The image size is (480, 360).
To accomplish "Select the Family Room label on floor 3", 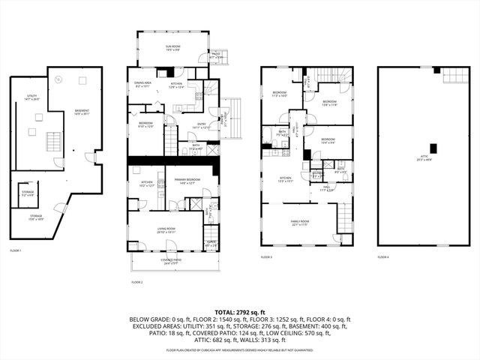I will tap(299, 223).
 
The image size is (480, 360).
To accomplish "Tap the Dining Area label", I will tap(144, 84).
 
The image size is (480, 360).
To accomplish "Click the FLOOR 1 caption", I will tap(16, 250).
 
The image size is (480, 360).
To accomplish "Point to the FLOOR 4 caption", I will tap(383, 256).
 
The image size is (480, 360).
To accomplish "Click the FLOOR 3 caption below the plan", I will tap(266, 256).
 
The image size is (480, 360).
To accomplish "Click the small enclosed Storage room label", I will tap(27, 193).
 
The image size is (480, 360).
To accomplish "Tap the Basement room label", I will tap(81, 113).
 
